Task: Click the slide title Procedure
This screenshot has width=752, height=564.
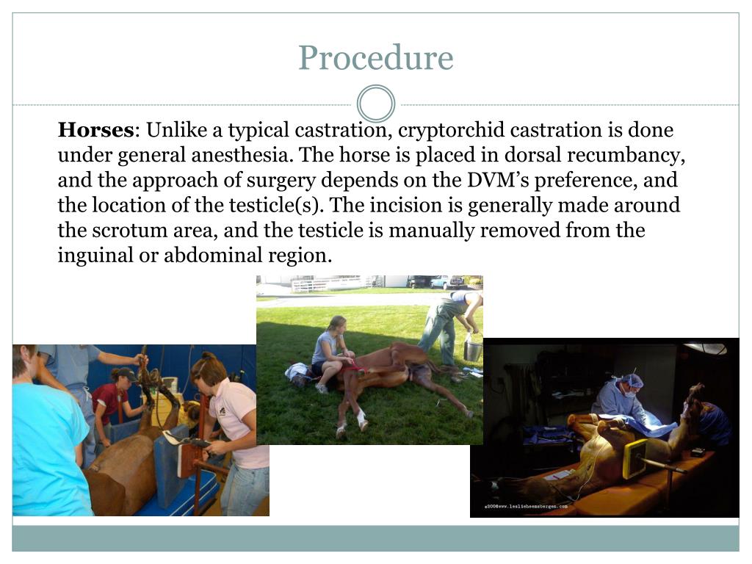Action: [375, 58]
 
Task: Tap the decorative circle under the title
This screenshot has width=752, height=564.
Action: [375, 104]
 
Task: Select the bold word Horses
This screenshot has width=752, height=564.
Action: [95, 131]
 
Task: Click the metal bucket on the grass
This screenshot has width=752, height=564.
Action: [473, 349]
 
